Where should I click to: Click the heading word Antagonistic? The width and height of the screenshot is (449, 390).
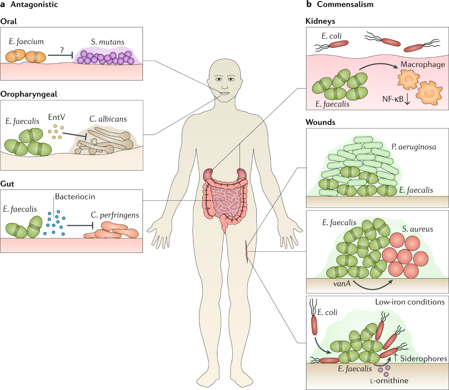[34, 5]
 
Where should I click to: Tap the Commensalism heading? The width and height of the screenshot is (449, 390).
[345, 4]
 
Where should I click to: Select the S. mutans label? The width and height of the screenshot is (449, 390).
[107, 42]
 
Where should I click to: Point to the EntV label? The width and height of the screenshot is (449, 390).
[56, 117]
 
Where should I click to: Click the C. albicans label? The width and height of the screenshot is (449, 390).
[108, 119]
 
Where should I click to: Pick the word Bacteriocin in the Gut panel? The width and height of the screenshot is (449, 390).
[75, 197]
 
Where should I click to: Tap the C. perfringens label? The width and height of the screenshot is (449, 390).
[114, 215]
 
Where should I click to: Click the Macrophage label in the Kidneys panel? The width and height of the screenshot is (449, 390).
[422, 64]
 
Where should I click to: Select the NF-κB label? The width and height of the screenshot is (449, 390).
[393, 99]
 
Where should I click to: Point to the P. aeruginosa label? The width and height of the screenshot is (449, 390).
[414, 147]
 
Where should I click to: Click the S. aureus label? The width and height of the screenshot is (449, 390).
[417, 229]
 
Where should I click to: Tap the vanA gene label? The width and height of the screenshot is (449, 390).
[342, 284]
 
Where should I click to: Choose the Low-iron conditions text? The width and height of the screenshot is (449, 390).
[410, 302]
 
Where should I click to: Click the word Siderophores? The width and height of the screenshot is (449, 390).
[424, 359]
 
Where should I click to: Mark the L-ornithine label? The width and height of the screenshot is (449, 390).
[389, 381]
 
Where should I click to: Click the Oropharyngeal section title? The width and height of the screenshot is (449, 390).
[29, 94]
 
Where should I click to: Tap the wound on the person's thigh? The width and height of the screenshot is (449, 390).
[246, 251]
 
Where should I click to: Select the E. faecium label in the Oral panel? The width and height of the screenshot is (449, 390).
[26, 42]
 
